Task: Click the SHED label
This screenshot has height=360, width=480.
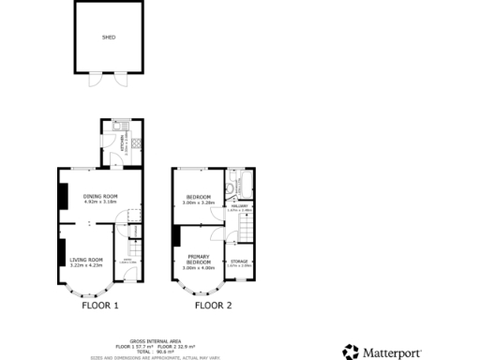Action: coord(108,38)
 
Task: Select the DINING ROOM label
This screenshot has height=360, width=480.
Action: coord(98,195)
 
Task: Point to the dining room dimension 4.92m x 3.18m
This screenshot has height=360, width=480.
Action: coord(98,201)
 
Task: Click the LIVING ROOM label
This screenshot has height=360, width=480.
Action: coord(86,260)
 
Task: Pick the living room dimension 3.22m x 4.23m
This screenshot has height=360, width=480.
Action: coord(86,265)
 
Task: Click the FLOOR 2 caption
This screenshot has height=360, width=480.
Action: coord(213,306)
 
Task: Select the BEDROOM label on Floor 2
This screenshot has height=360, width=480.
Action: coord(199,196)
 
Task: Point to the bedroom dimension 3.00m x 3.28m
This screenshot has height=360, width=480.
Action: coord(199,202)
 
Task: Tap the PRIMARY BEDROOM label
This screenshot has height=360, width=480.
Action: coord(198,258)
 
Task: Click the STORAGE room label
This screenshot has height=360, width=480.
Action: coord(240,261)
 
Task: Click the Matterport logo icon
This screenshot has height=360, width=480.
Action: coord(351,352)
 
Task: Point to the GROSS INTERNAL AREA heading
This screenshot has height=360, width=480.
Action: coord(150,341)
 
